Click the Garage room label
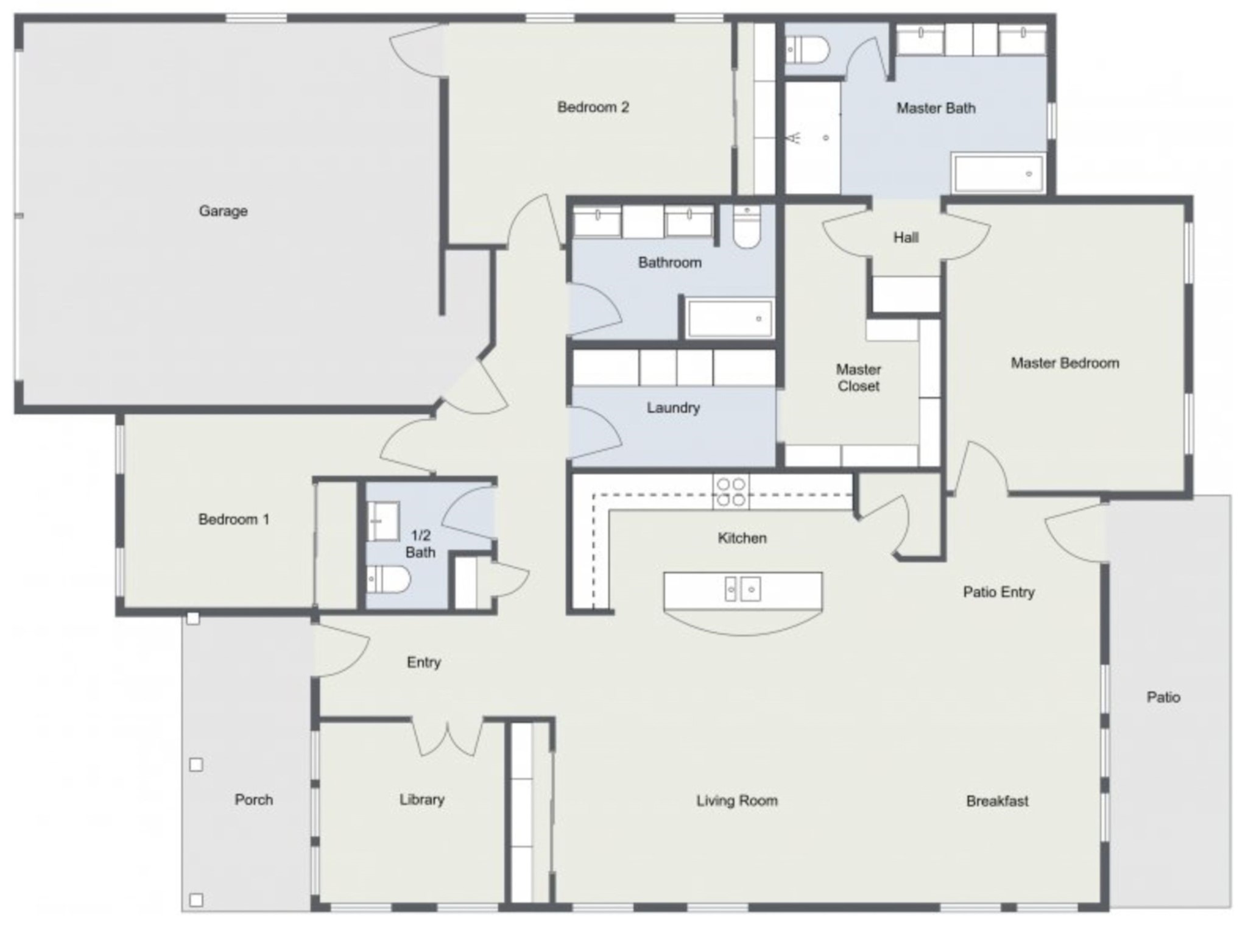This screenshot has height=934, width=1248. click(x=223, y=211)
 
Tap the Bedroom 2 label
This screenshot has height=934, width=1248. click(x=593, y=107)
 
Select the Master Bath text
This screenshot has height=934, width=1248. click(x=936, y=108)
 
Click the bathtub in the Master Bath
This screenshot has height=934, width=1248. click(x=998, y=174)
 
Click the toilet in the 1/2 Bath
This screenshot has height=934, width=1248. click(x=387, y=579)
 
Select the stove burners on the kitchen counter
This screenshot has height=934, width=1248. click(x=731, y=492)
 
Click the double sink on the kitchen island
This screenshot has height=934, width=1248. click(x=742, y=589)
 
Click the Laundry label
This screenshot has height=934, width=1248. click(x=673, y=408)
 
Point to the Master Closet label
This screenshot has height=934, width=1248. click(x=858, y=378)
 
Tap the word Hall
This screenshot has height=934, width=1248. click(x=906, y=238)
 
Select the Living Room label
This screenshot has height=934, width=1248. click(x=737, y=801)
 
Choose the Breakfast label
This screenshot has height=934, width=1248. click(x=997, y=801)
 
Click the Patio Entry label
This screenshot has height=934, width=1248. click(x=998, y=592)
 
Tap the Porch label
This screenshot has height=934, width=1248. click(x=253, y=799)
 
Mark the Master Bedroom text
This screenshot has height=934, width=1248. click(x=1065, y=363)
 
